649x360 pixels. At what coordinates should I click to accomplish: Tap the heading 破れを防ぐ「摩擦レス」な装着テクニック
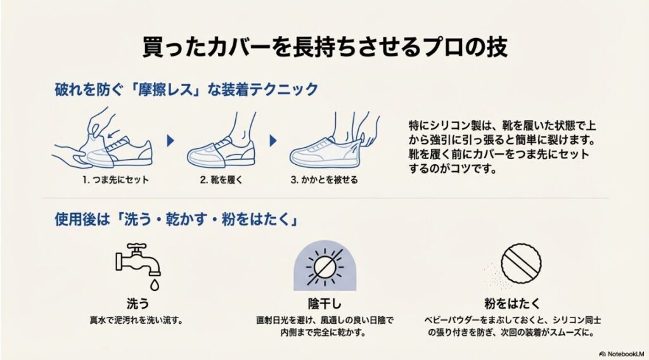pyautogui.click(x=186, y=89)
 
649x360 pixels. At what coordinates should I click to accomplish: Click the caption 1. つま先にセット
pyautogui.click(x=115, y=179)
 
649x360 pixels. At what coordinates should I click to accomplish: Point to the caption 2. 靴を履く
pyautogui.click(x=221, y=179)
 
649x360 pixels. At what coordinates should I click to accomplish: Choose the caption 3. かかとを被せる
pyautogui.click(x=324, y=179)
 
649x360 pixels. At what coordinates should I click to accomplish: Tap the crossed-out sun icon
pyautogui.click(x=325, y=265)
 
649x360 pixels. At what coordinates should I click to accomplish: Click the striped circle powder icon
pyautogui.click(x=521, y=261)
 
